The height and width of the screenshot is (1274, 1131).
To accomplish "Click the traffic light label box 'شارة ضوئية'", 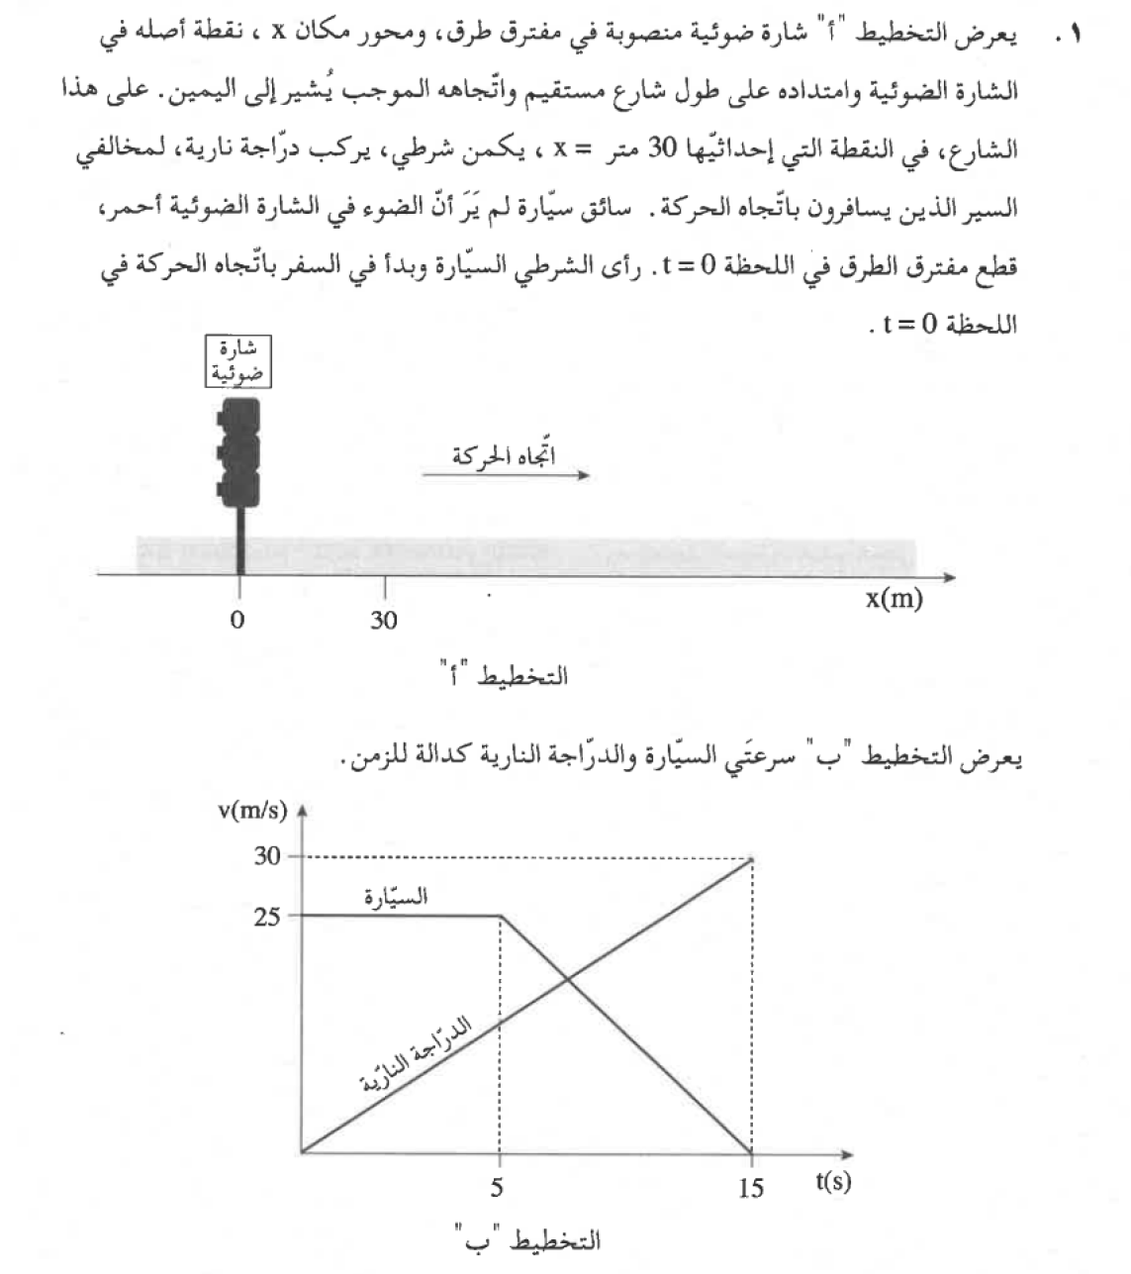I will pos(236,361).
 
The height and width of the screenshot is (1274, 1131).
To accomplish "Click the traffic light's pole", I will pos(239,539).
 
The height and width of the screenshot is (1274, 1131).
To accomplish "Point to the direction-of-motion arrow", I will pos(506,476).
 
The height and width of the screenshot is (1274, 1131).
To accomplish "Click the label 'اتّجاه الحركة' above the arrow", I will pos(504,454).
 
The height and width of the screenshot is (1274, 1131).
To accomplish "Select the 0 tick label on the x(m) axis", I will pos(236,621).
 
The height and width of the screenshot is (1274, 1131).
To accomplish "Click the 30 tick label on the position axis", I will pos(384,621).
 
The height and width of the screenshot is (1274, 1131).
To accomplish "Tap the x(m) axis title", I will pos(894,598).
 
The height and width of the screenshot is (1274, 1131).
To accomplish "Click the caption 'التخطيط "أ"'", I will pos(505,677).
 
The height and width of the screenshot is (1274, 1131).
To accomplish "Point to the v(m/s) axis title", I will pos(252,811).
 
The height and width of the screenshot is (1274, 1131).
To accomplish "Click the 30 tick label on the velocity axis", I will pos(267,857).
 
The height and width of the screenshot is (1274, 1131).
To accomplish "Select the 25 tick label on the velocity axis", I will pos(267,917).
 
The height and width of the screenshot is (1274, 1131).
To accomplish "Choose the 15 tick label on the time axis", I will pos(751,1187).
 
